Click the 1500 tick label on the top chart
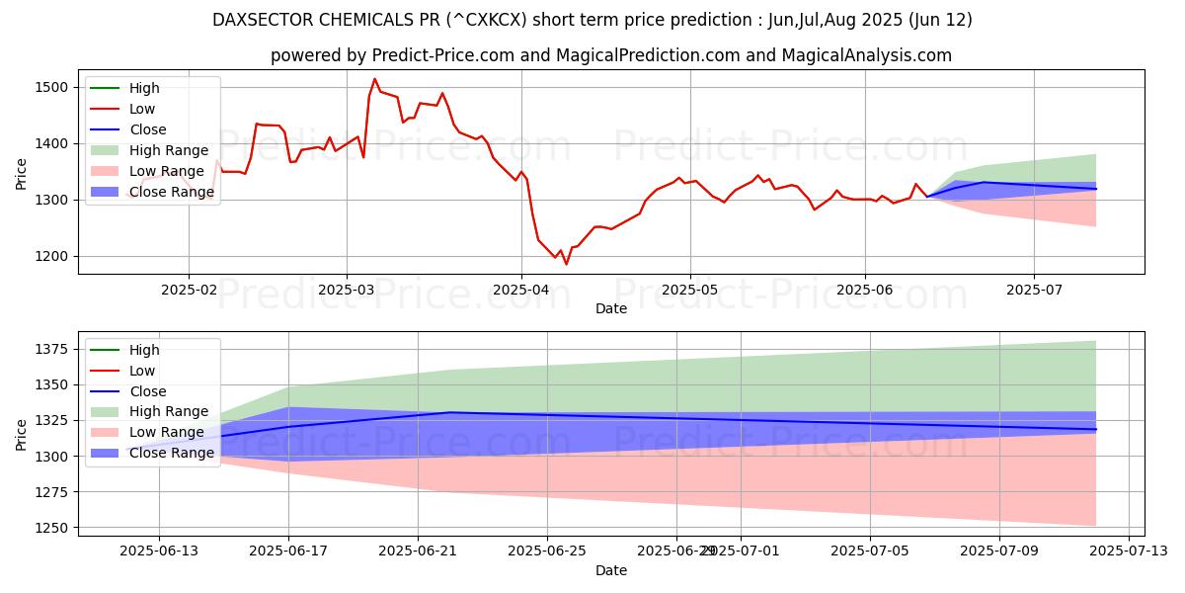point(52,87)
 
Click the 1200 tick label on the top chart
point(52,256)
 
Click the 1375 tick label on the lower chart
point(52,349)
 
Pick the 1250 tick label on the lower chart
point(52,528)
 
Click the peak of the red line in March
point(374,79)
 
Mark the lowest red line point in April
point(566,264)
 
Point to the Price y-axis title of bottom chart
point(22,435)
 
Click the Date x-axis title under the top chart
point(611,309)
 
